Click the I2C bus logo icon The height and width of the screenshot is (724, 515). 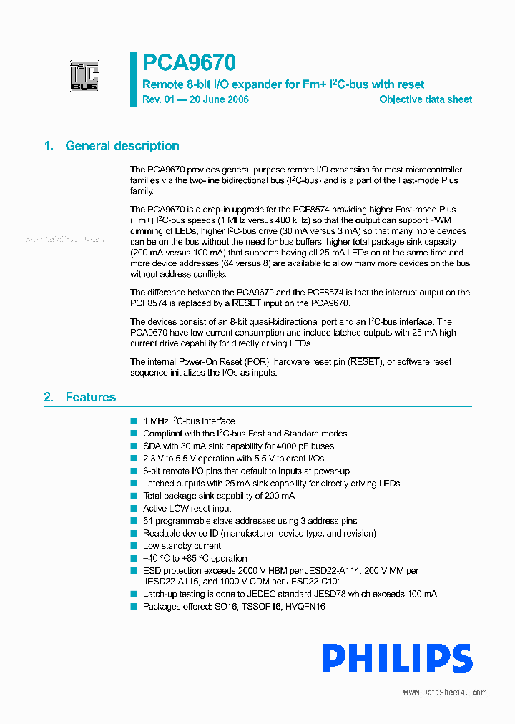point(84,77)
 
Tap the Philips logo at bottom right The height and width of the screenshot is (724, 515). point(396,658)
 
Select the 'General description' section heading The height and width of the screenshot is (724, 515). point(122,146)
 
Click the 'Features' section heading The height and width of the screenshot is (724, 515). point(90,397)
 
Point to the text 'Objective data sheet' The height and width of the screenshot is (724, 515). point(426,99)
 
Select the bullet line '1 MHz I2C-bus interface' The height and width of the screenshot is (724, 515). point(189,421)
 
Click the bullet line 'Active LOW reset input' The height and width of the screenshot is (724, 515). point(187,509)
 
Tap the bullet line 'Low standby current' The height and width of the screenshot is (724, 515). point(182,546)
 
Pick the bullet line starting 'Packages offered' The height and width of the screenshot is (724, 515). point(233,606)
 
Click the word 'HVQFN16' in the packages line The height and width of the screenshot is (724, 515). point(305,606)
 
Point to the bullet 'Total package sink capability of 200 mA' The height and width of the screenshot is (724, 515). point(218,496)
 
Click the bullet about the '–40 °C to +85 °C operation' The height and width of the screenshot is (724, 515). point(195,558)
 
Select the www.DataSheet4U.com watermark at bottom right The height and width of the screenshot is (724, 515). point(444,692)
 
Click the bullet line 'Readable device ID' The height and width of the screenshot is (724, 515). point(259,533)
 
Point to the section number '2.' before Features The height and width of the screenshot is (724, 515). point(49,397)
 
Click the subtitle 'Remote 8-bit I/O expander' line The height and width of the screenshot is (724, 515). point(283,84)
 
